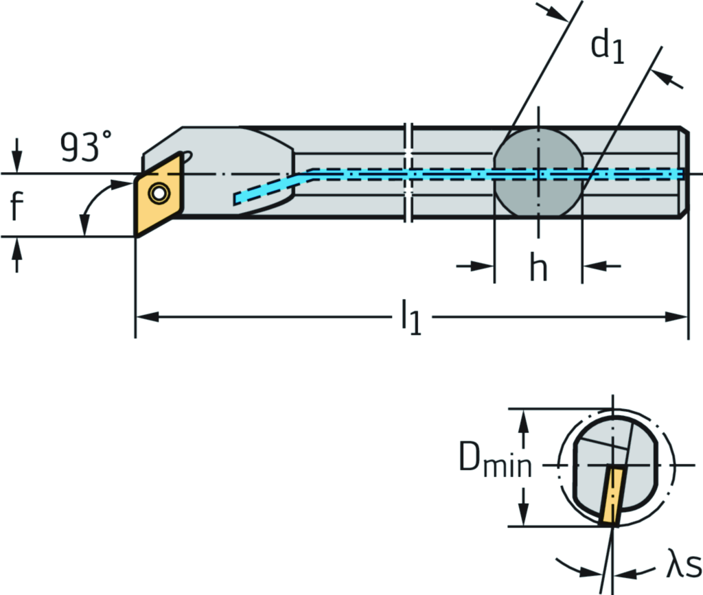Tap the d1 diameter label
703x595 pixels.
[x=607, y=48]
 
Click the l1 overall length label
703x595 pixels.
[x=411, y=320]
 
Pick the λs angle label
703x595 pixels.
[x=682, y=568]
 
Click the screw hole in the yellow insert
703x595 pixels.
[x=160, y=194]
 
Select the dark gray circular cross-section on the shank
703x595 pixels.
[x=538, y=173]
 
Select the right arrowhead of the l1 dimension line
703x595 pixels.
[x=680, y=317]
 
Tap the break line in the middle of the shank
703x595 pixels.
[x=410, y=173]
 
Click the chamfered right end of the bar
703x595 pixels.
[x=684, y=173]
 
